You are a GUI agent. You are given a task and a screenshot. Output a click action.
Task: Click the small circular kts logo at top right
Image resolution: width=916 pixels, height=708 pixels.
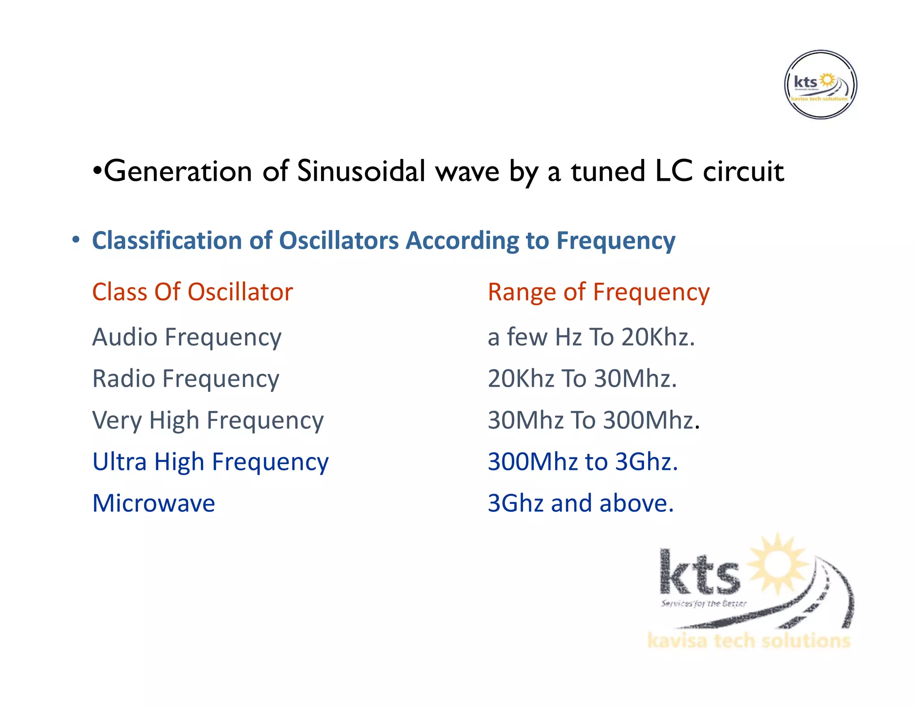click(820, 85)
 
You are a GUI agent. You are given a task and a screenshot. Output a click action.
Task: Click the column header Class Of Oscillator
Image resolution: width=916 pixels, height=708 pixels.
click(192, 292)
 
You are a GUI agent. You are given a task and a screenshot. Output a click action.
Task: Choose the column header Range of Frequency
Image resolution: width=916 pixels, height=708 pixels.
click(598, 292)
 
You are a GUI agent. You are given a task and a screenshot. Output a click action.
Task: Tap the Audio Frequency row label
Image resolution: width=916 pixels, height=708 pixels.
click(187, 337)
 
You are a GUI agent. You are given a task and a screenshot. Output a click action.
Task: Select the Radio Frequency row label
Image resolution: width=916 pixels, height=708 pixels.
click(186, 379)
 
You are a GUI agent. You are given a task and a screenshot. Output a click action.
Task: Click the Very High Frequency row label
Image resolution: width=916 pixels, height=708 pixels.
click(208, 420)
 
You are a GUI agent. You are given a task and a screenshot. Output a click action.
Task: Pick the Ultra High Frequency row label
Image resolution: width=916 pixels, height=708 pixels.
click(210, 462)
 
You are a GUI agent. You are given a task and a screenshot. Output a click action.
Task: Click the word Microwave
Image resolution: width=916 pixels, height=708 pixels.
click(153, 503)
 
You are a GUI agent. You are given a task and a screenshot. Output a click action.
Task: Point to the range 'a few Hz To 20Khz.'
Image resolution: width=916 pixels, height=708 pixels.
click(591, 337)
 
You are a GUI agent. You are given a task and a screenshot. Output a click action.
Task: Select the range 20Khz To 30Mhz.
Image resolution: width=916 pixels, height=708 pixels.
click(582, 379)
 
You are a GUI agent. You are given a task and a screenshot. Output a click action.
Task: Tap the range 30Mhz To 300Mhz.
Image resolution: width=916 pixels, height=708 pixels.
click(593, 420)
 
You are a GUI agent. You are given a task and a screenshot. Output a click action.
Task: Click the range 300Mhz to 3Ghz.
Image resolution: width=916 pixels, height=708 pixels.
click(582, 462)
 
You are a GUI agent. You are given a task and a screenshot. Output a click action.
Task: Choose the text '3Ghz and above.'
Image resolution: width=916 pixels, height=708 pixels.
click(580, 503)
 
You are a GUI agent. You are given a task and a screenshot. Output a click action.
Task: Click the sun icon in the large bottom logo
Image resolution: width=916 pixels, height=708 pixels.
click(778, 564)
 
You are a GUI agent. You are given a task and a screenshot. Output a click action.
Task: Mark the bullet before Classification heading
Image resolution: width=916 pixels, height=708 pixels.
click(76, 240)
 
